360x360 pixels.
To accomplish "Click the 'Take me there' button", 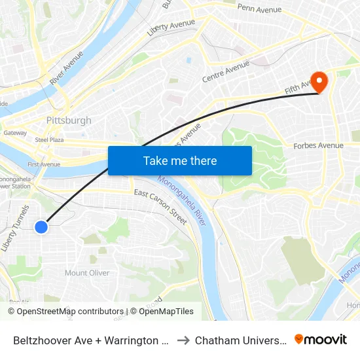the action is pyautogui.click(x=180, y=160).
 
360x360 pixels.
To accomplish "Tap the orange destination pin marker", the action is pyautogui.click(x=319, y=82).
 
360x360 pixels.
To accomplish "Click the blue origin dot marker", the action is pyautogui.click(x=41, y=226).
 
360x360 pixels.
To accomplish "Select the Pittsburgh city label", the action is pyautogui.click(x=69, y=120).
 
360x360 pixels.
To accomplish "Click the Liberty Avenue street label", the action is pyautogui.click(x=171, y=27).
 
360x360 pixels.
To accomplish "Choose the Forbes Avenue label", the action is pyautogui.click(x=318, y=145).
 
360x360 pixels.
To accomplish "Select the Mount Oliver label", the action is pyautogui.click(x=86, y=273).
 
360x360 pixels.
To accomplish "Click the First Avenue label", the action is pyautogui.click(x=43, y=164).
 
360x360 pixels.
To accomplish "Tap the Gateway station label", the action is pyautogui.click(x=15, y=133).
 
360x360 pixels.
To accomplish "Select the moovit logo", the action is pyautogui.click(x=321, y=339).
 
